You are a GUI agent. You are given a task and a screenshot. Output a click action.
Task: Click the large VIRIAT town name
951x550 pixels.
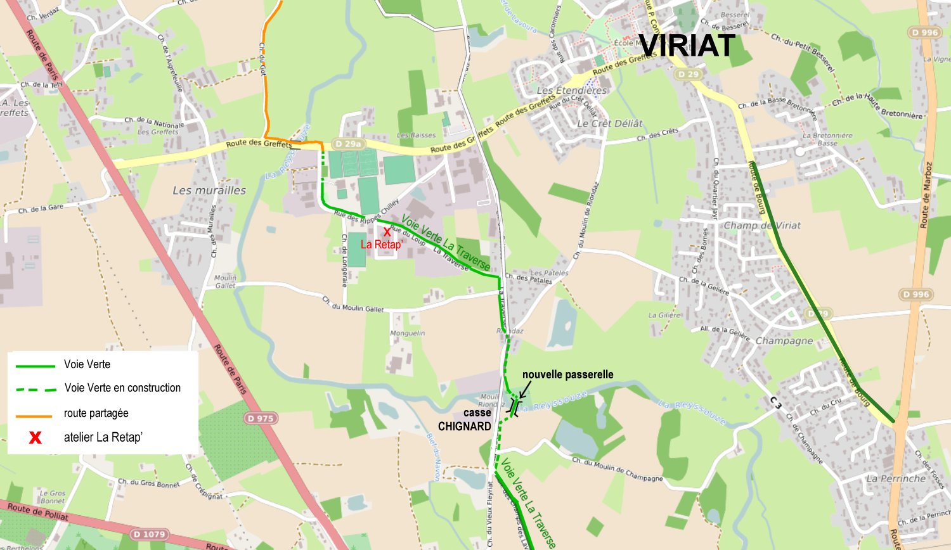click(687, 46)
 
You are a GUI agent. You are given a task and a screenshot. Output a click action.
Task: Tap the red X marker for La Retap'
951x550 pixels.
click(387, 232)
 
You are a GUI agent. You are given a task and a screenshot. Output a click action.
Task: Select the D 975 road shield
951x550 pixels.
click(261, 418)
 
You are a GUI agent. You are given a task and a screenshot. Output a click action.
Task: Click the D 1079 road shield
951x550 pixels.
click(150, 534)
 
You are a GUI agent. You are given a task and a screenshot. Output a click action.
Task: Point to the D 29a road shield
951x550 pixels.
click(347, 144)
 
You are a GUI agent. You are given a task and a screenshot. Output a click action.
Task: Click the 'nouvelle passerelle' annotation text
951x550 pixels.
click(567, 374)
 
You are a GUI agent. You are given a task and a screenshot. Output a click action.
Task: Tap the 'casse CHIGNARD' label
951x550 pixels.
click(465, 419)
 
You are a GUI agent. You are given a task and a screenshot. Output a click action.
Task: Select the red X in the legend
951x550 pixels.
click(36, 437)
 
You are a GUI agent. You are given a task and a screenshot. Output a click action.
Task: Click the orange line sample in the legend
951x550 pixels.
click(34, 416)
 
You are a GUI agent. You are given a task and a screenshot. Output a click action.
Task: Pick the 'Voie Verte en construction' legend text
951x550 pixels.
click(122, 388)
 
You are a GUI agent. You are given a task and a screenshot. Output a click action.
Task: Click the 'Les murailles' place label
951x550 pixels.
click(209, 190)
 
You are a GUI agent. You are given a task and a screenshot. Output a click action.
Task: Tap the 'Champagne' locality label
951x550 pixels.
click(784, 341)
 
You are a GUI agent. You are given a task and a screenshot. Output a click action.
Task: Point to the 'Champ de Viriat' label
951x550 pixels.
click(762, 226)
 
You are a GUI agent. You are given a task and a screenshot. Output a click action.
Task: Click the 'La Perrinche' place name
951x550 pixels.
click(896, 478)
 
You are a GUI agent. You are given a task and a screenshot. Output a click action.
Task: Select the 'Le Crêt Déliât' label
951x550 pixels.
click(610, 124)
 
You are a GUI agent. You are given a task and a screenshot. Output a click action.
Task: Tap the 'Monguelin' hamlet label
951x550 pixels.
click(408, 333)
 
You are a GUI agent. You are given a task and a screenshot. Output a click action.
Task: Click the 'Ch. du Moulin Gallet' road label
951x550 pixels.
click(353, 304)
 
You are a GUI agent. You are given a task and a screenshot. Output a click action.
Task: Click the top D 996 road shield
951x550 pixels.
click(924, 32)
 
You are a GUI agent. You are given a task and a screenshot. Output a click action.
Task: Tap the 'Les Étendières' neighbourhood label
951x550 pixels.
click(572, 91)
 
